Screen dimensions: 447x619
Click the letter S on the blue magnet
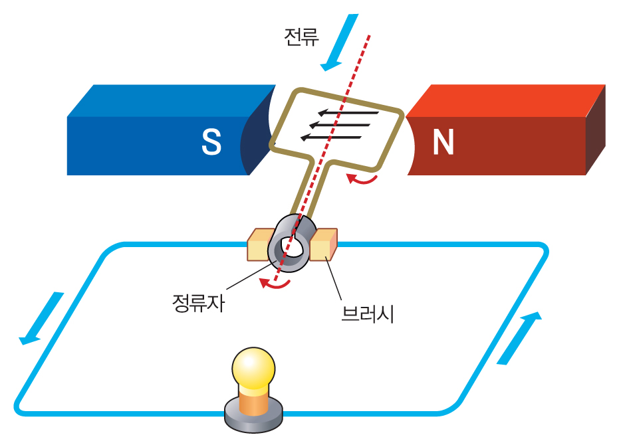211,142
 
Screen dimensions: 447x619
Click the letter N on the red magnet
443,142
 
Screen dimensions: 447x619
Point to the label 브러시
368,312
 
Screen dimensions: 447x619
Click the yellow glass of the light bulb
253,368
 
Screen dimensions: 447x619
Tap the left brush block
259,245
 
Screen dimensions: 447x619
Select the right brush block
324,244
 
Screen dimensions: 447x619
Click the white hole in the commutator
291,246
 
